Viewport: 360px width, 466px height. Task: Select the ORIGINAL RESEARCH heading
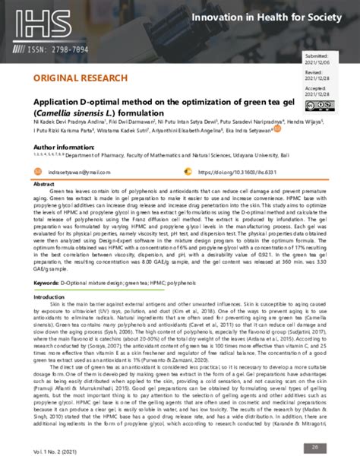tap(72, 78)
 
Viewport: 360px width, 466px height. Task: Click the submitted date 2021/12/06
tap(315, 64)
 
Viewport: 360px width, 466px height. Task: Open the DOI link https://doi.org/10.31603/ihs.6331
tap(235, 173)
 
